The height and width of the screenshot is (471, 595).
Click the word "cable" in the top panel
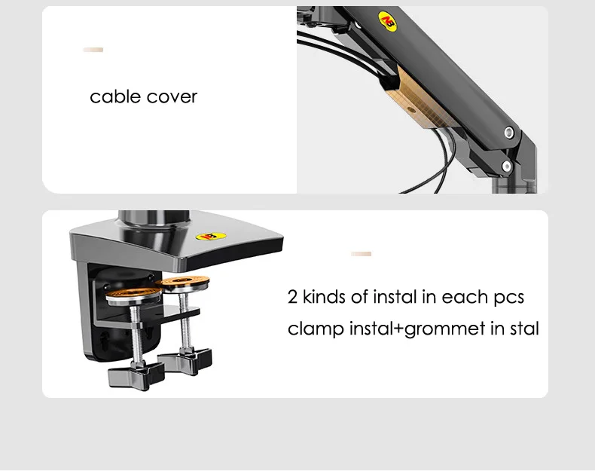click(x=115, y=96)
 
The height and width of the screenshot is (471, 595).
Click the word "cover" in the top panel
click(x=172, y=97)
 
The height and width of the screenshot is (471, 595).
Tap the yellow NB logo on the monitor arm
click(x=387, y=21)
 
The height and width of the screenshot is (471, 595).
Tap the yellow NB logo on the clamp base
click(x=211, y=237)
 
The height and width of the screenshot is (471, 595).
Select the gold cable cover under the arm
click(x=420, y=99)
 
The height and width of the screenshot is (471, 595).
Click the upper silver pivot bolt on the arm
click(x=509, y=133)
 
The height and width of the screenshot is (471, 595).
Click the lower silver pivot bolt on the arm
click(x=506, y=166)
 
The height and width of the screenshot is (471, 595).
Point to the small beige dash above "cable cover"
click(x=93, y=50)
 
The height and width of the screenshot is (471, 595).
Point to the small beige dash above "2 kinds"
click(x=362, y=254)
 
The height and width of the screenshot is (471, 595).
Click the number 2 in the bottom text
click(x=292, y=297)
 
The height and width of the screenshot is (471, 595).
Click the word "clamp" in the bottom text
click(x=316, y=329)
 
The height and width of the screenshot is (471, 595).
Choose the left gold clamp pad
click(x=133, y=295)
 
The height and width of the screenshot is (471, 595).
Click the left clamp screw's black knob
click(x=136, y=375)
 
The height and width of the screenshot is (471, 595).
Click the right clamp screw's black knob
click(x=185, y=360)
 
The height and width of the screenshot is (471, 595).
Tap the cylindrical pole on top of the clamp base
click(x=154, y=219)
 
